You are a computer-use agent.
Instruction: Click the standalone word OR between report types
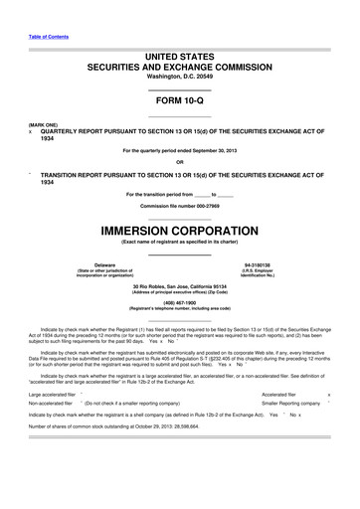(x=180, y=162)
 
